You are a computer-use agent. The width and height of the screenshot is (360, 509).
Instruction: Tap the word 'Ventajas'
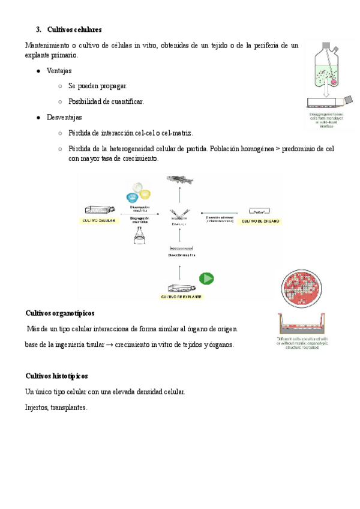coord(59,71)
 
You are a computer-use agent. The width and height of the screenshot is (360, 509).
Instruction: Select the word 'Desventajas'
coord(64,117)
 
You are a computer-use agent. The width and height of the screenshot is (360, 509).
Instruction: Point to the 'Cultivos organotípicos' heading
coord(60,313)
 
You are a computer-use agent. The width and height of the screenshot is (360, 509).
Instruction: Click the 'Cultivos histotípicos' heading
coord(57,376)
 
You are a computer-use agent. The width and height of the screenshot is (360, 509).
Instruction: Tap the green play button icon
coord(207,279)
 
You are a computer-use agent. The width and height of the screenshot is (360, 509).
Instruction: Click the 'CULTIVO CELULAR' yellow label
coord(99,221)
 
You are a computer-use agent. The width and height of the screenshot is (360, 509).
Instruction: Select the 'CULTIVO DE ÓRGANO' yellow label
coord(261,221)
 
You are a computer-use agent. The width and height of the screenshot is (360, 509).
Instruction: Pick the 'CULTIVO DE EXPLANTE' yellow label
coord(181,297)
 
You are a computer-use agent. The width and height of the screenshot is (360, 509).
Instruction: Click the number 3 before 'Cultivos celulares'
coord(38,29)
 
